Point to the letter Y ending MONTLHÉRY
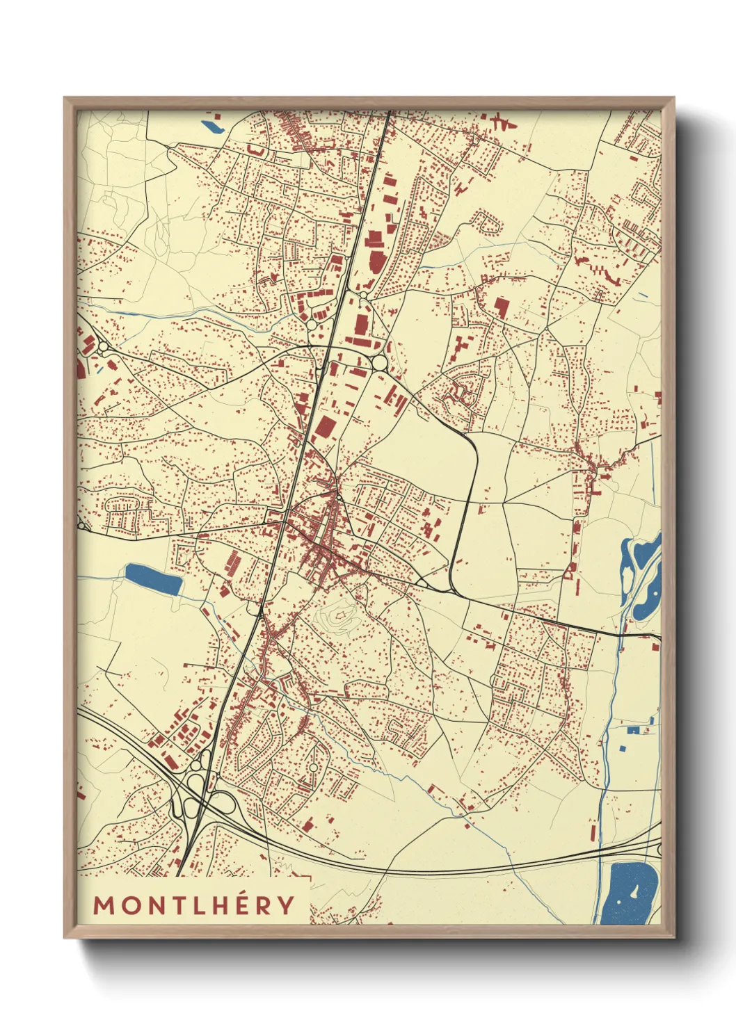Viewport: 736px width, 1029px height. coord(285,905)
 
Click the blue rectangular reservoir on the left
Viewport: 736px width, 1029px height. coord(153,580)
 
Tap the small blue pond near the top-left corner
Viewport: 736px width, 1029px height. coord(211,127)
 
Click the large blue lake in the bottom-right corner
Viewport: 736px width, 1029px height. coord(629,893)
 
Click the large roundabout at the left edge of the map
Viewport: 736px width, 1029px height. coord(103,346)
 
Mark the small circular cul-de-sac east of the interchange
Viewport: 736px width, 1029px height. coord(314,767)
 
